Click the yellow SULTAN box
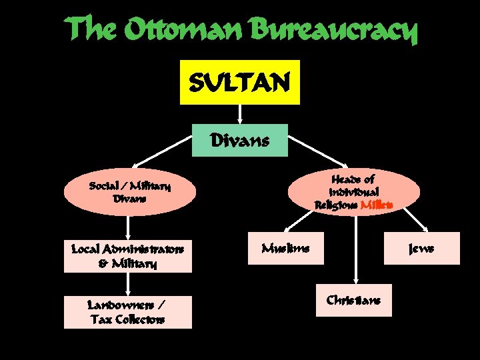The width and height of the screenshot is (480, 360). [x=239, y=82]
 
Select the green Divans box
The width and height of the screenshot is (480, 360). [x=239, y=140]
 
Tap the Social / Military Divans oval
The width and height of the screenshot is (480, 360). [x=131, y=192]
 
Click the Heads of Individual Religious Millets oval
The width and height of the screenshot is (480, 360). [x=355, y=192]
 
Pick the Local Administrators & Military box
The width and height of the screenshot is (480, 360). [x=127, y=256]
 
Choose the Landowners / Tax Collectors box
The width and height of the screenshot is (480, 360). [x=127, y=312]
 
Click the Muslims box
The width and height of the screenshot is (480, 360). [x=285, y=248]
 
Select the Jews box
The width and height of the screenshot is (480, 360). [x=421, y=248]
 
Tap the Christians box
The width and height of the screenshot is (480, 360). [x=354, y=301]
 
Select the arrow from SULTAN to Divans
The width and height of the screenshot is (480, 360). [x=239, y=114]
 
